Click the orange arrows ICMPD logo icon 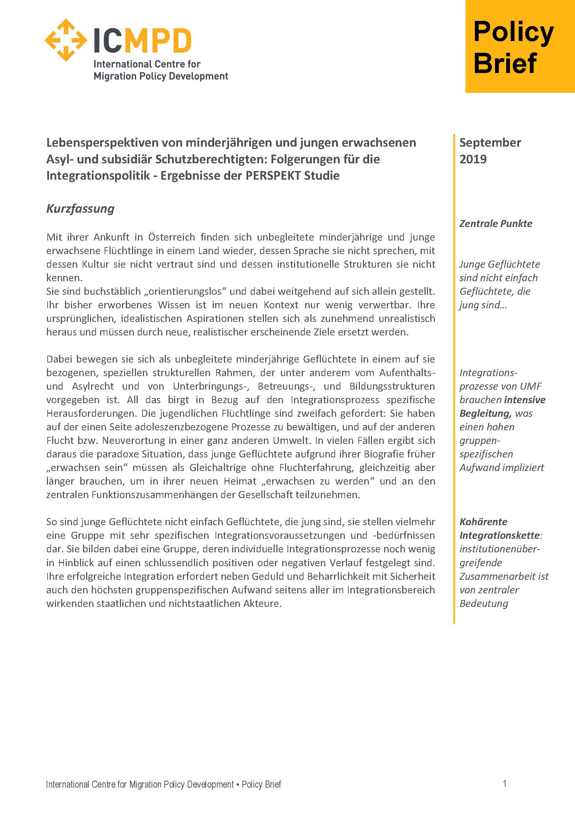66,40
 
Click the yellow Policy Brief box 520,46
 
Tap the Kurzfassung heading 80,209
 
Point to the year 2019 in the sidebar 473,159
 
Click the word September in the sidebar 490,143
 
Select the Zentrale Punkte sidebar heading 496,223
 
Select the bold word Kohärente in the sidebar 483,522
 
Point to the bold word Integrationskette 500,535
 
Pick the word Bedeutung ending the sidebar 484,603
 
